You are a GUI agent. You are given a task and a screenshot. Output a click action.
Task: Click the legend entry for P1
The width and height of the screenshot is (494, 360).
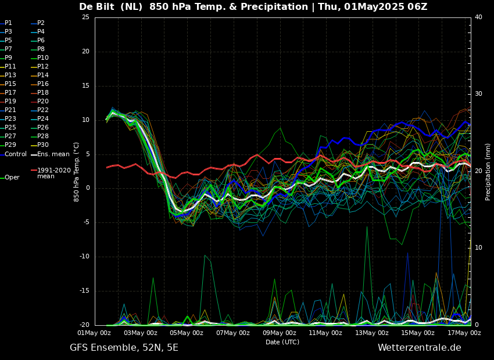pyautogui.click(x=8, y=23)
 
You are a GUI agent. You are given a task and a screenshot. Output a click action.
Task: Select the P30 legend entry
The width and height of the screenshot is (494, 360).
pyautogui.click(x=43, y=145)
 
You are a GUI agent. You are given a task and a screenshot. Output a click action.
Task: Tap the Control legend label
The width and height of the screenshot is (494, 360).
pyautogui.click(x=16, y=154)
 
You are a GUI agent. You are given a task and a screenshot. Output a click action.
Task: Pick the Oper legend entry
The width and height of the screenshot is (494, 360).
pyautogui.click(x=12, y=177)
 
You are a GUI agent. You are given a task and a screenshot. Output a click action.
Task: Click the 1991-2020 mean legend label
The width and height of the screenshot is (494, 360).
pyautogui.click(x=53, y=173)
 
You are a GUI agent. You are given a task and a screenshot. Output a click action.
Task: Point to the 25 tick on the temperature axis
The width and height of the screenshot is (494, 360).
pyautogui.click(x=85, y=17)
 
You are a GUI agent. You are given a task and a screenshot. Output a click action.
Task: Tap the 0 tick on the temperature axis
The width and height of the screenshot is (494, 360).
pyautogui.click(x=87, y=188)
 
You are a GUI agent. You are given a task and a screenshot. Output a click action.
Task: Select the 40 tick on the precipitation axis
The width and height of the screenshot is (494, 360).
pyautogui.click(x=478, y=17)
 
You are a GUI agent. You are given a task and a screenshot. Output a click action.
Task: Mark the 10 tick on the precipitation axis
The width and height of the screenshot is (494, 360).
pyautogui.click(x=478, y=248)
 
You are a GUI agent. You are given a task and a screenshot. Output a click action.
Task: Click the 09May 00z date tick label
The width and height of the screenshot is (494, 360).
pyautogui.click(x=279, y=333)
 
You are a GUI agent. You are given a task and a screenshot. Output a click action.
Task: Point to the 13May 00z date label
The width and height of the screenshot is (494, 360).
pyautogui.click(x=371, y=333)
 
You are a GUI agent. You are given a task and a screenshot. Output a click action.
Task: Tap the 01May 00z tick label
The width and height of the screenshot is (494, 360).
pyautogui.click(x=94, y=333)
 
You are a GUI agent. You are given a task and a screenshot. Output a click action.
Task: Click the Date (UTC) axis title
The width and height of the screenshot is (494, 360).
pyautogui.click(x=282, y=342)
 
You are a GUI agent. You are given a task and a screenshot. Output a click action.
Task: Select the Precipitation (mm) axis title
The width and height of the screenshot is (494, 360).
pyautogui.click(x=488, y=171)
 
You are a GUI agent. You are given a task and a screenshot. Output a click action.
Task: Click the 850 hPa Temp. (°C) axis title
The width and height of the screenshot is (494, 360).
pyautogui.click(x=77, y=171)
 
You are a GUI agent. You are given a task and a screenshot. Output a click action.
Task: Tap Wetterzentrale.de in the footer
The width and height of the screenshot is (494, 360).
pyautogui.click(x=419, y=348)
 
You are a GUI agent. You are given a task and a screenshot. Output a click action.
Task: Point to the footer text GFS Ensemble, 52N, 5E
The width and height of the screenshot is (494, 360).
pyautogui.click(x=124, y=348)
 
